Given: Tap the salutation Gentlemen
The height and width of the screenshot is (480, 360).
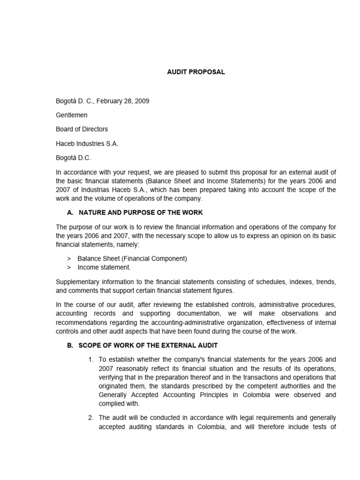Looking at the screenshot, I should click(72, 115).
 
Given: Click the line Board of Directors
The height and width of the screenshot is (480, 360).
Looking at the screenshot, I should click(82, 129).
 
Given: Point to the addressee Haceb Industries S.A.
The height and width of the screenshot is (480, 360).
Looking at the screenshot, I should click(87, 143).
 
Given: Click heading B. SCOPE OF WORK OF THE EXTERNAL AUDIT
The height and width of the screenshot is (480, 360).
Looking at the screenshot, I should click(142, 345).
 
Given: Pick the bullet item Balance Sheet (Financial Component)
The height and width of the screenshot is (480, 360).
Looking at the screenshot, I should click(132, 258).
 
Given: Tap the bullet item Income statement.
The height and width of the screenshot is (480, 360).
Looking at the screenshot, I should click(104, 267).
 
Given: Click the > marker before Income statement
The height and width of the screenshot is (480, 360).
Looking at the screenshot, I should click(69, 267).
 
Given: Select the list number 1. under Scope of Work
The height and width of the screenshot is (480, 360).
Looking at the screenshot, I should click(91, 360).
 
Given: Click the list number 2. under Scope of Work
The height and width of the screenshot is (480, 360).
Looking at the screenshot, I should click(91, 418).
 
